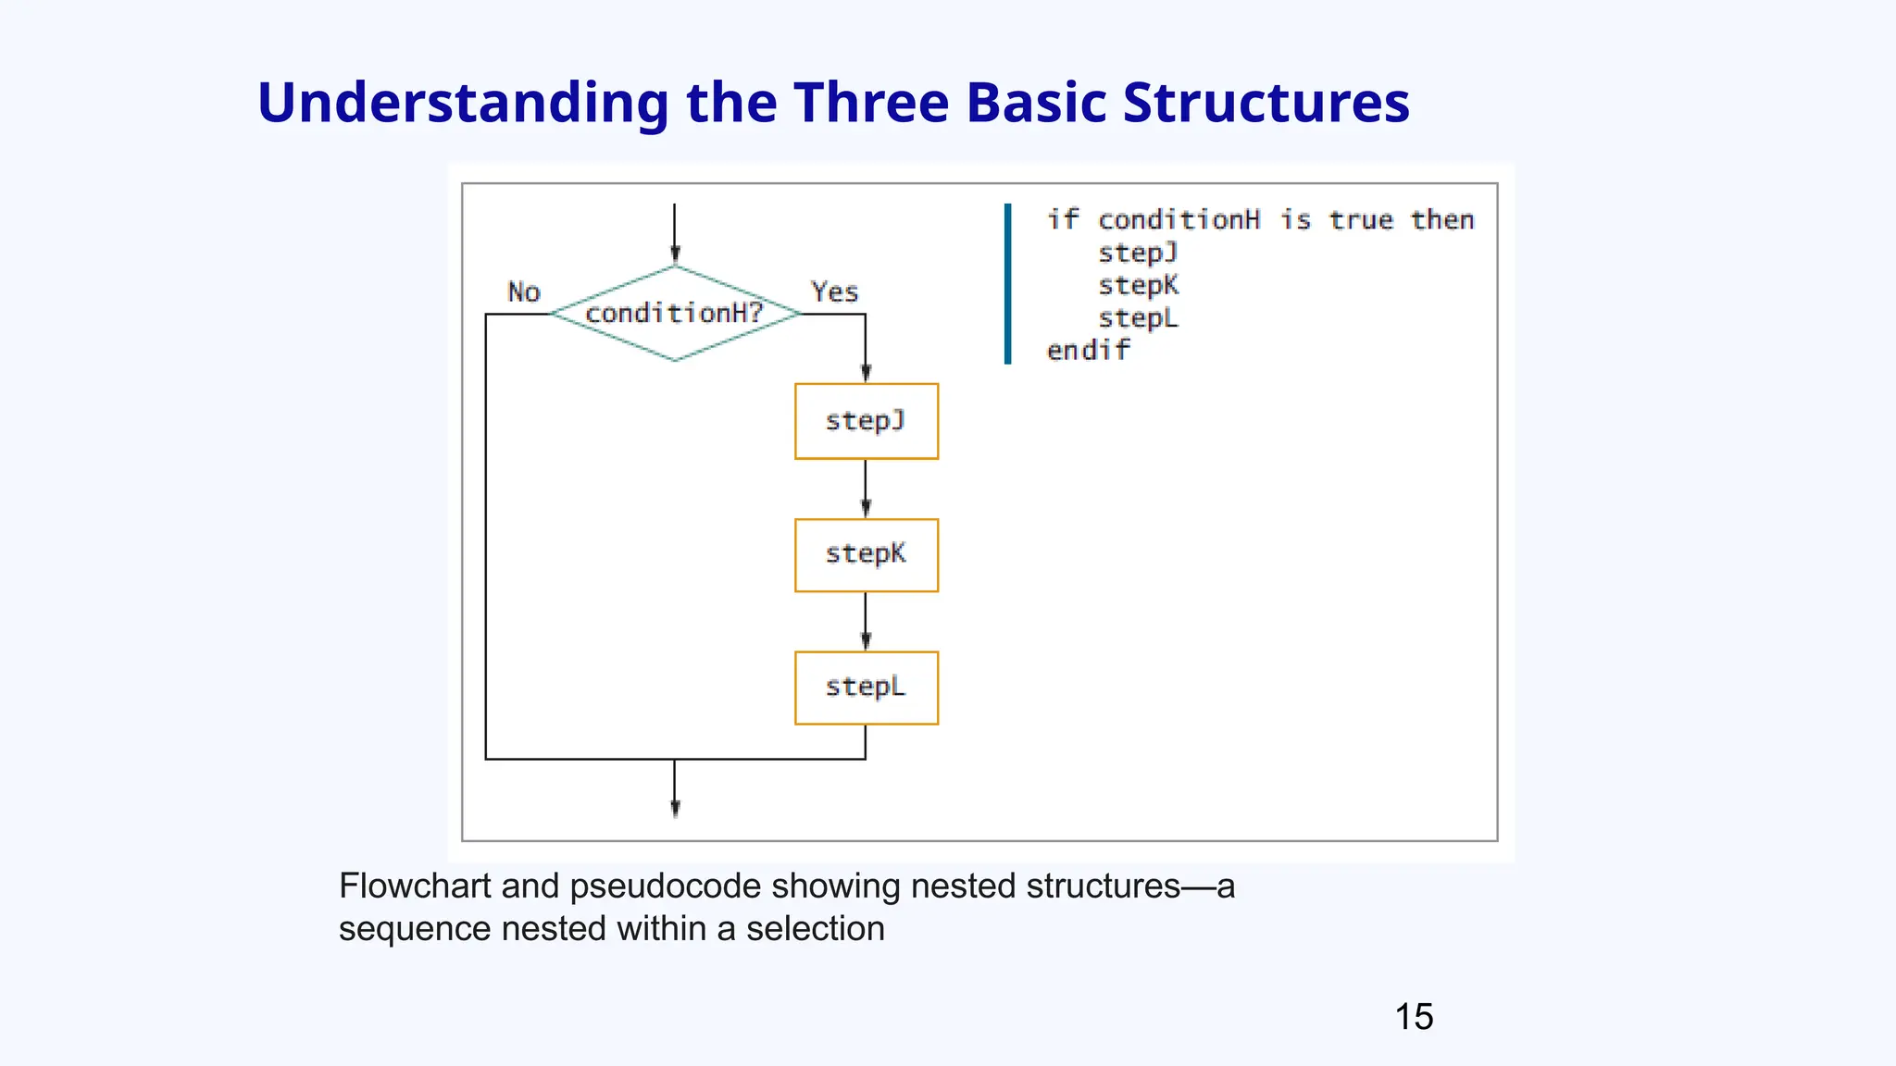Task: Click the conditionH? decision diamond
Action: pos(675,314)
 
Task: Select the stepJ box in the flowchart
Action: pos(866,421)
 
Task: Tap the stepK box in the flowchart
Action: pos(866,554)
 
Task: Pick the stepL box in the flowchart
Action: pos(866,688)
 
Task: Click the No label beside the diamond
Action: pos(524,292)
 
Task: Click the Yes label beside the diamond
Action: pos(834,292)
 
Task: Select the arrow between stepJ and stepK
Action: pos(866,490)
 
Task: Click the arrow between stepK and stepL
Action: pos(866,622)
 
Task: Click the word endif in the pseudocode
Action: pos(1088,351)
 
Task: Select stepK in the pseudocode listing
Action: pos(1138,285)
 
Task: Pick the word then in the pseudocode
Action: pos(1441,220)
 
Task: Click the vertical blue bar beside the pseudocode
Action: pos(1007,284)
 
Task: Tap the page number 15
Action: pos(1414,1017)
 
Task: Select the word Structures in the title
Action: pos(1266,102)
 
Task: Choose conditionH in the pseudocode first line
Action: pos(1179,220)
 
